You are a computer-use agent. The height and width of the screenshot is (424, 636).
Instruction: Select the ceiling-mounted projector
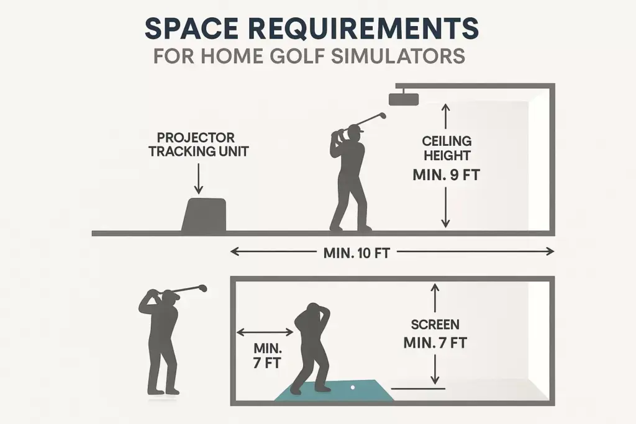404,97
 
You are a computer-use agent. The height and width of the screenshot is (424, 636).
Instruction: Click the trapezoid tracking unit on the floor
204,215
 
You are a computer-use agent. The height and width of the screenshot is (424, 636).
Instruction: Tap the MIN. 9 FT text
446,175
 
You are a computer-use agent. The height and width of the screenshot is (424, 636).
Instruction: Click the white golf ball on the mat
353,387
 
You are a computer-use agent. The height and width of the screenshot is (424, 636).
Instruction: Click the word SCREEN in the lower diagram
435,324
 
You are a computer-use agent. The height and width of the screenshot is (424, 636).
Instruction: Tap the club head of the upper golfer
381,115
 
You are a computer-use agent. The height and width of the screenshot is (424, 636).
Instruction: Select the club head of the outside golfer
202,287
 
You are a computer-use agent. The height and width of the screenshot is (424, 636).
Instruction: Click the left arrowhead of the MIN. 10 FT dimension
234,252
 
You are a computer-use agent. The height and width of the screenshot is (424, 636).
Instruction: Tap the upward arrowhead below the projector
445,107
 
